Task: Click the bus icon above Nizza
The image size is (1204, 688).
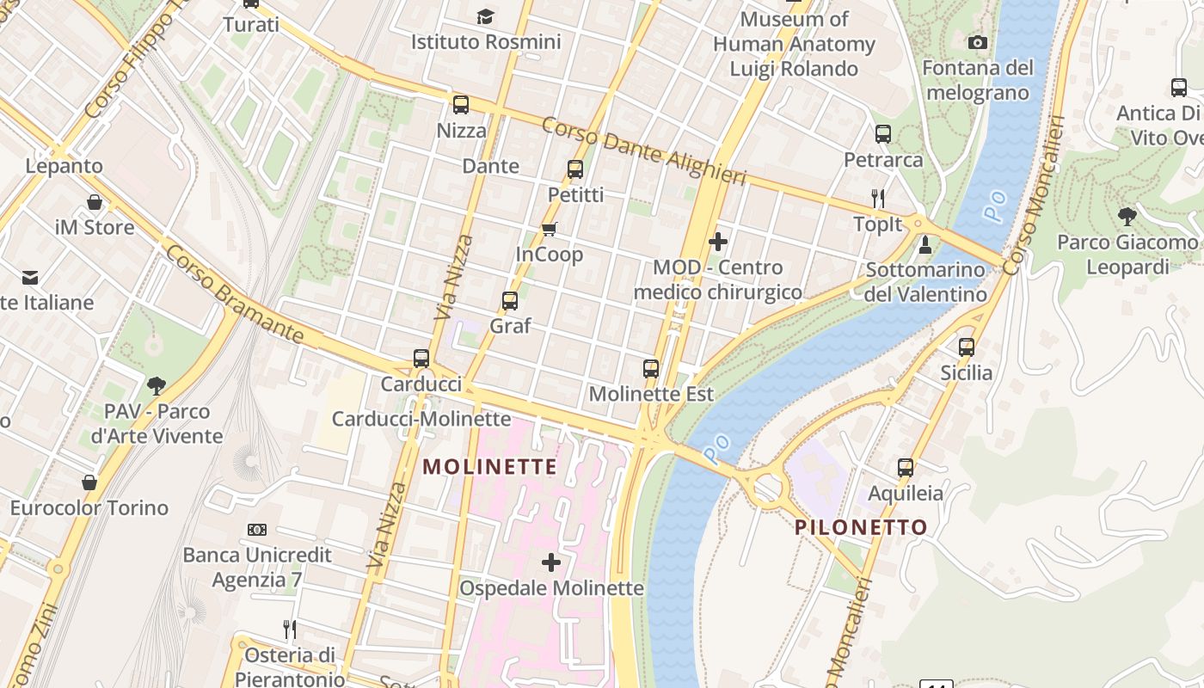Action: [461, 105]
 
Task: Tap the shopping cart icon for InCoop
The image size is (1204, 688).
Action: [549, 229]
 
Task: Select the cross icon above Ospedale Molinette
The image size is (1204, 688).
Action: [551, 562]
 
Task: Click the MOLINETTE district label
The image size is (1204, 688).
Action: [490, 467]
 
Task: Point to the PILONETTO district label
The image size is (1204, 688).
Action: [861, 527]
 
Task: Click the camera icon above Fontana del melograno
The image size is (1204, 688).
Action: [978, 42]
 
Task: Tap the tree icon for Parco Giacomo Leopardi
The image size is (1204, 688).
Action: [1127, 217]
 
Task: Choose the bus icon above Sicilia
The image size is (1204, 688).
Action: [967, 347]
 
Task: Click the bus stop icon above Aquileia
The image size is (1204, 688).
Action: [906, 468]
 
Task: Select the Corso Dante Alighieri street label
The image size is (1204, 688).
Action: [643, 150]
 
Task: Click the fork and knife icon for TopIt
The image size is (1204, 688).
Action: [878, 199]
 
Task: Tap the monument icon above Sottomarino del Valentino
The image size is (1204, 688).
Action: [925, 245]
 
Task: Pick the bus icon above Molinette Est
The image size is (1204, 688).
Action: [651, 369]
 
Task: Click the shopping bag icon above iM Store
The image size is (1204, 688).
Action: [95, 203]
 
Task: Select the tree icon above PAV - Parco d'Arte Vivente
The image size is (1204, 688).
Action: [156, 385]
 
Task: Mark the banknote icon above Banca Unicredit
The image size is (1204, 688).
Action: [257, 530]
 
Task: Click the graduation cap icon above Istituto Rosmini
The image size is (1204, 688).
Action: [486, 16]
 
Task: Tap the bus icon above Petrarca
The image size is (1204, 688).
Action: [883, 134]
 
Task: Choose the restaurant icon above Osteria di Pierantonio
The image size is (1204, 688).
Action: [290, 630]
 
